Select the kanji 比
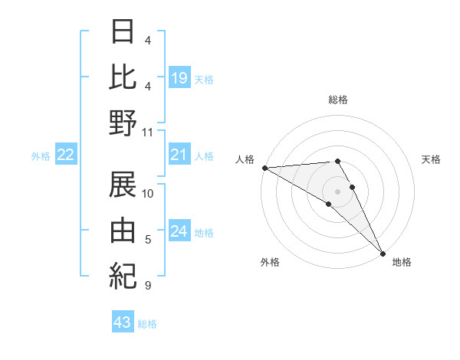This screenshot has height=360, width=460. [123, 77]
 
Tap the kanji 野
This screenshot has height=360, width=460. [123, 124]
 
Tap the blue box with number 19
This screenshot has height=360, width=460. [179, 77]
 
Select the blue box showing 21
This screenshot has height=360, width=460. [179, 155]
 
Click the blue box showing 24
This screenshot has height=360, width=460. [179, 232]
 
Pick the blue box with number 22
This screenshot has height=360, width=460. [66, 155]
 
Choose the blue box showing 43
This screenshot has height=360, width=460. [123, 322]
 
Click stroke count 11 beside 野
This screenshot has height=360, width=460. [148, 133]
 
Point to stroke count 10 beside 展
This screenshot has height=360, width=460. [148, 193]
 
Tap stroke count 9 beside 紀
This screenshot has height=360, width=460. [147, 286]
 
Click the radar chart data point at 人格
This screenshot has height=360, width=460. [264, 168]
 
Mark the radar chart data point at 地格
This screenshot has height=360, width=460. [383, 253]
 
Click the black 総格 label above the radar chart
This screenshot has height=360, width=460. [337, 100]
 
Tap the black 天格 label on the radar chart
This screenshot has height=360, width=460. [432, 159]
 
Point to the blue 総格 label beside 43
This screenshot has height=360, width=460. [147, 323]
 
